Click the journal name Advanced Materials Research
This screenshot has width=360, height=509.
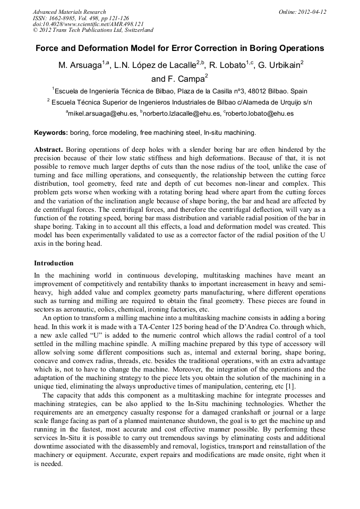tap(69, 12)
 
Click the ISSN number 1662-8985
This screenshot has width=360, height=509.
tap(64, 18)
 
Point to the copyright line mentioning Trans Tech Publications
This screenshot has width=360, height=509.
tap(93, 30)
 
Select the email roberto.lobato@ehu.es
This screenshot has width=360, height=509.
tap(260, 114)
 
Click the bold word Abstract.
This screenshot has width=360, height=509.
tap(48, 150)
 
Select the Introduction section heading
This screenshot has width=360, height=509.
tap(54, 263)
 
